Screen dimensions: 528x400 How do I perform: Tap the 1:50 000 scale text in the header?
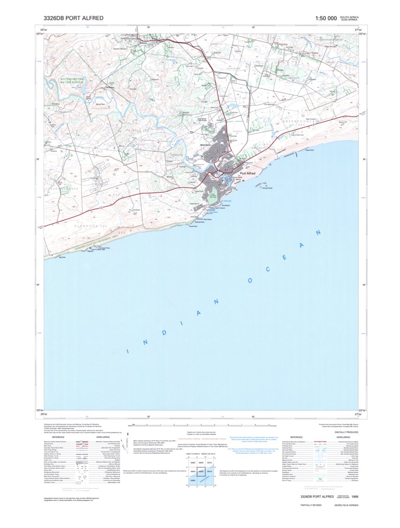coord(326,18)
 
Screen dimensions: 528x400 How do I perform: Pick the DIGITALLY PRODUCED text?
coord(346,432)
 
